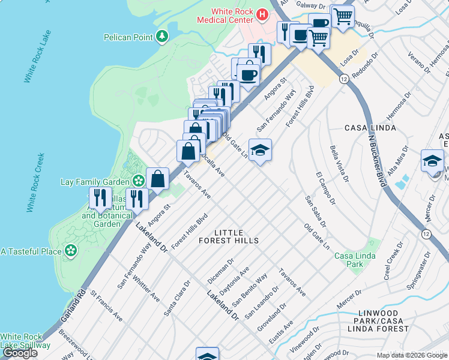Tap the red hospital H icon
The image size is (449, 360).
pyautogui.click(x=262, y=13)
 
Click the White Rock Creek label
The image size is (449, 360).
pyautogui.click(x=34, y=182)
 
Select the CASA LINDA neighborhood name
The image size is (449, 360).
pyautogui.click(x=370, y=128)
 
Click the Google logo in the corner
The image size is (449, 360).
pyautogui.click(x=20, y=353)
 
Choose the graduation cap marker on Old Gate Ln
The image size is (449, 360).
pyautogui.click(x=260, y=149)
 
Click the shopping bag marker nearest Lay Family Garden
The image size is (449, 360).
pyautogui.click(x=157, y=178)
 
